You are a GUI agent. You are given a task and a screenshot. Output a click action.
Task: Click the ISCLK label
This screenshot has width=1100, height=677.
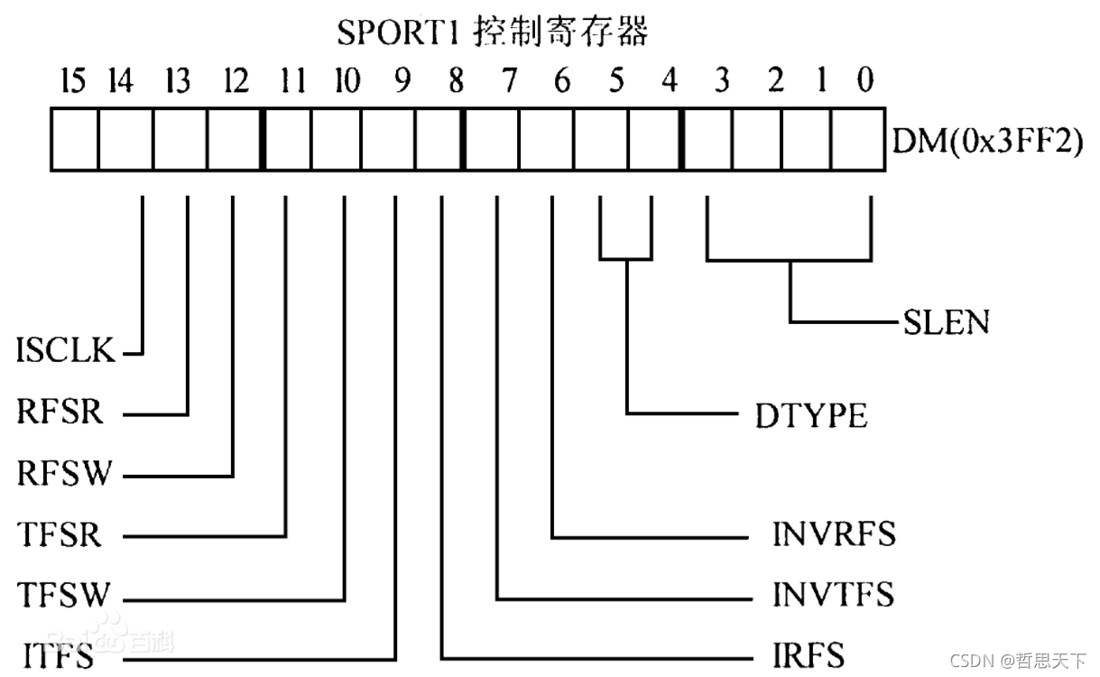pos(66,350)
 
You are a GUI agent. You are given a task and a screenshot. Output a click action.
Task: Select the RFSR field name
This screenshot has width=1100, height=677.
pos(60,414)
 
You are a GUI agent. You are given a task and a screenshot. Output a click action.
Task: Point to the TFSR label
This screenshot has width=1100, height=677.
pos(60,535)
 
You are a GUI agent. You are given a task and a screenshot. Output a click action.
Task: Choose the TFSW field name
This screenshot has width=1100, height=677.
pos(62,596)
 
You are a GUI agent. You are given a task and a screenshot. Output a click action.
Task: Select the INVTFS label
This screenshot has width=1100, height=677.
pos(833,596)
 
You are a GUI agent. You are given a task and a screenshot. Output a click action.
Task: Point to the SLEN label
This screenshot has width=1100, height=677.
pos(945,322)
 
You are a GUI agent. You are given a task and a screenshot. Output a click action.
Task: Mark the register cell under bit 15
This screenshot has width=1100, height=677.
pos(74,140)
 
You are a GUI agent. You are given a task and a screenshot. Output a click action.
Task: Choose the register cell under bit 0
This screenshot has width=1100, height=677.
pos(856,140)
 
